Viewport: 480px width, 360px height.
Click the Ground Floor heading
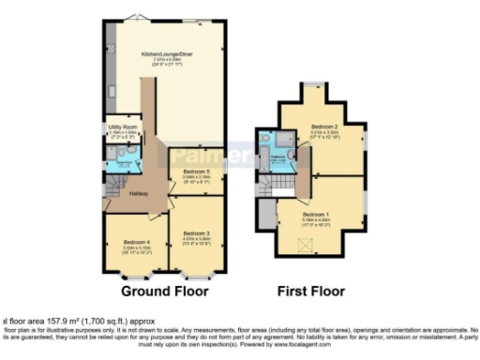[164, 292]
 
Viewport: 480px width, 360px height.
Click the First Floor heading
[311, 292]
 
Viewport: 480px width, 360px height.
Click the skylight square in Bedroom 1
[303, 246]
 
